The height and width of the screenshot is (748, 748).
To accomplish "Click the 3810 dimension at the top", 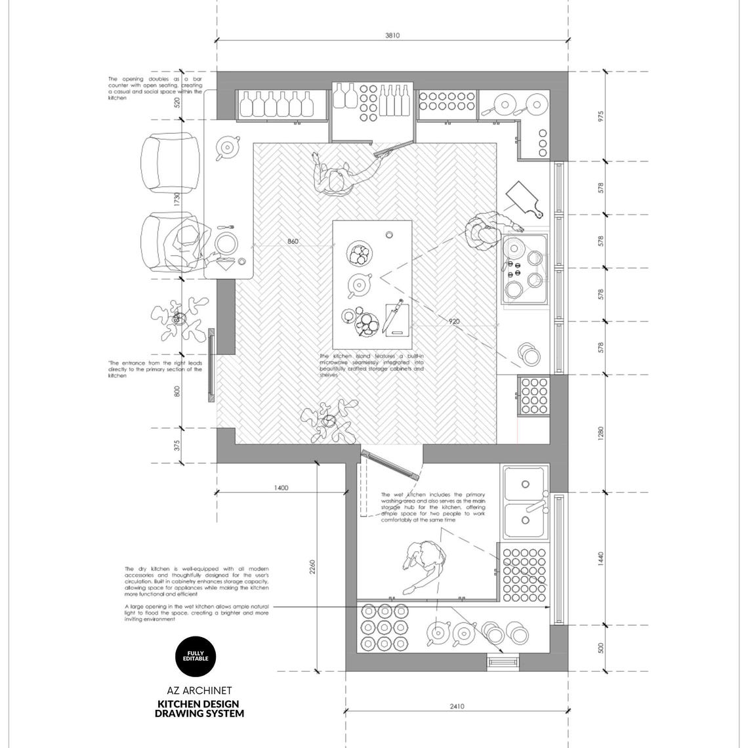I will [392, 35].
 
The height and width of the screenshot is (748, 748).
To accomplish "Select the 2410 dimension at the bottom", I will [457, 706].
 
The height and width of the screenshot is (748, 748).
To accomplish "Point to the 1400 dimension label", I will [281, 488].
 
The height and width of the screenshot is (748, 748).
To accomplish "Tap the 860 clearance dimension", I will [293, 241].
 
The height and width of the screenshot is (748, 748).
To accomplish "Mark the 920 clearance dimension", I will [454, 322].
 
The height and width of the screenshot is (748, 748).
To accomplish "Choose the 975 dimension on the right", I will [600, 116].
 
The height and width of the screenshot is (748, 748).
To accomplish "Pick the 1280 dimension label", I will [600, 433].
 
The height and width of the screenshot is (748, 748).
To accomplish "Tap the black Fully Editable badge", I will [195, 655].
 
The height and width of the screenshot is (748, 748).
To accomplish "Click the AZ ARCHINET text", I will [199, 690].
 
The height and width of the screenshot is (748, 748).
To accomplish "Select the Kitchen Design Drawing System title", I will [199, 709].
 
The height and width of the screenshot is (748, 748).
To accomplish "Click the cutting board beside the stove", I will [525, 199].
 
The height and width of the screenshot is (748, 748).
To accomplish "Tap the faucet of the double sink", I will [536, 506].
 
